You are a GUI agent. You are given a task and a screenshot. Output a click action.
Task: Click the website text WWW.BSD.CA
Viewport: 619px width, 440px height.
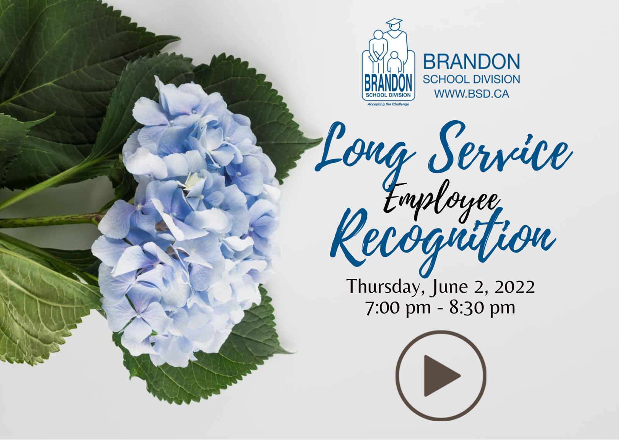tap(472, 94)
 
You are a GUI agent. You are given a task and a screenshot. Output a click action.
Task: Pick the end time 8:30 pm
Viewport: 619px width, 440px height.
tap(482, 308)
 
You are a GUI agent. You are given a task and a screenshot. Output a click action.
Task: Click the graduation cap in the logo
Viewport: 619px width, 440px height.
tap(394, 22)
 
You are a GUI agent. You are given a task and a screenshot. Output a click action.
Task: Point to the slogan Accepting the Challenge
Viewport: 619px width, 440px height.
tap(388, 104)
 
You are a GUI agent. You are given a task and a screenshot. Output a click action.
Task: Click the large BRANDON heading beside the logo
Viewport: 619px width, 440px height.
tap(472, 61)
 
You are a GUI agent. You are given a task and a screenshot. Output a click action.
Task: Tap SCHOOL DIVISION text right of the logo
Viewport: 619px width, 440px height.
tap(472, 79)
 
